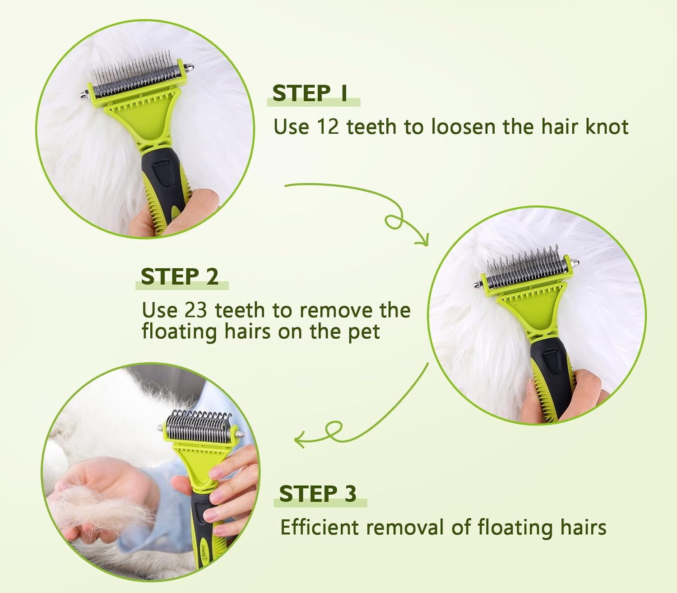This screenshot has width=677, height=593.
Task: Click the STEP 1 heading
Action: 310,93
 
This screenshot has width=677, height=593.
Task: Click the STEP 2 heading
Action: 180,276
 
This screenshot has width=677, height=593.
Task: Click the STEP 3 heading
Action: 318,493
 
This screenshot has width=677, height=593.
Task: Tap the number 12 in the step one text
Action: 328,127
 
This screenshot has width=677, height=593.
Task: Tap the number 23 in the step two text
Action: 195,310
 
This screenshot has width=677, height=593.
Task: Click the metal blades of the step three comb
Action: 198,425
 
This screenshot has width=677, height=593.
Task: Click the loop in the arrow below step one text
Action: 394,221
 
